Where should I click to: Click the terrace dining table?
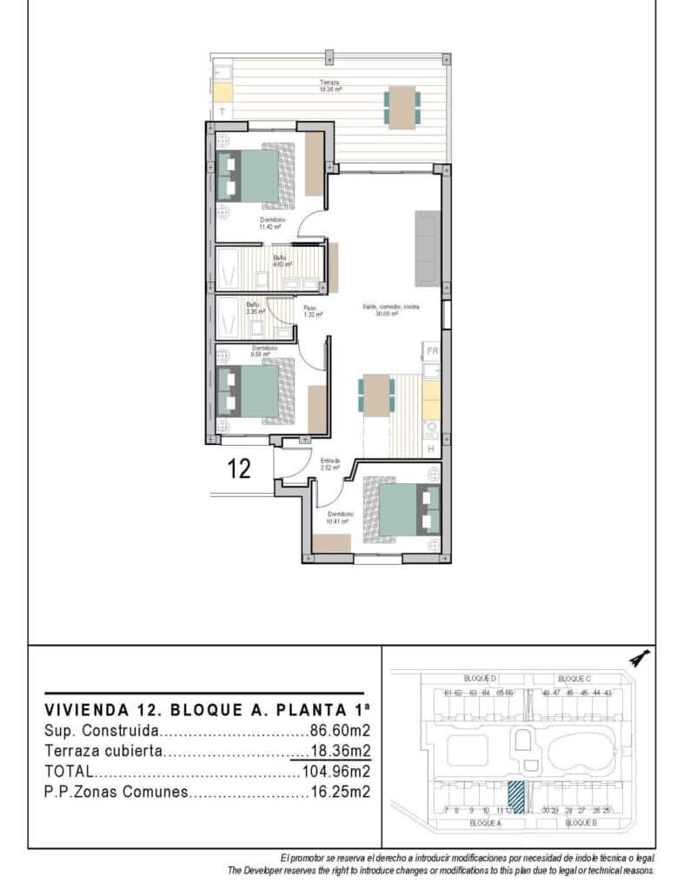(402, 107)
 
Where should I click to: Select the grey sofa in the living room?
(426, 248)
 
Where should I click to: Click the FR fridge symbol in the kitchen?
(432, 352)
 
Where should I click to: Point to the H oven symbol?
(432, 448)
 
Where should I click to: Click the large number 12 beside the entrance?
(239, 469)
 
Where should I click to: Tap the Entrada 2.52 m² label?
(330, 464)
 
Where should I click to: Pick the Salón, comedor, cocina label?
(381, 310)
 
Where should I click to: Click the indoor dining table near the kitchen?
(375, 395)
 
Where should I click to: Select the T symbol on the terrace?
(222, 112)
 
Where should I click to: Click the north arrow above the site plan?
(641, 658)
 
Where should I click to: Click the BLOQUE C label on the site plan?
(574, 678)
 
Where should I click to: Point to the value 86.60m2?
(341, 732)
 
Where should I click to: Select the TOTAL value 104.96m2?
(336, 771)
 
